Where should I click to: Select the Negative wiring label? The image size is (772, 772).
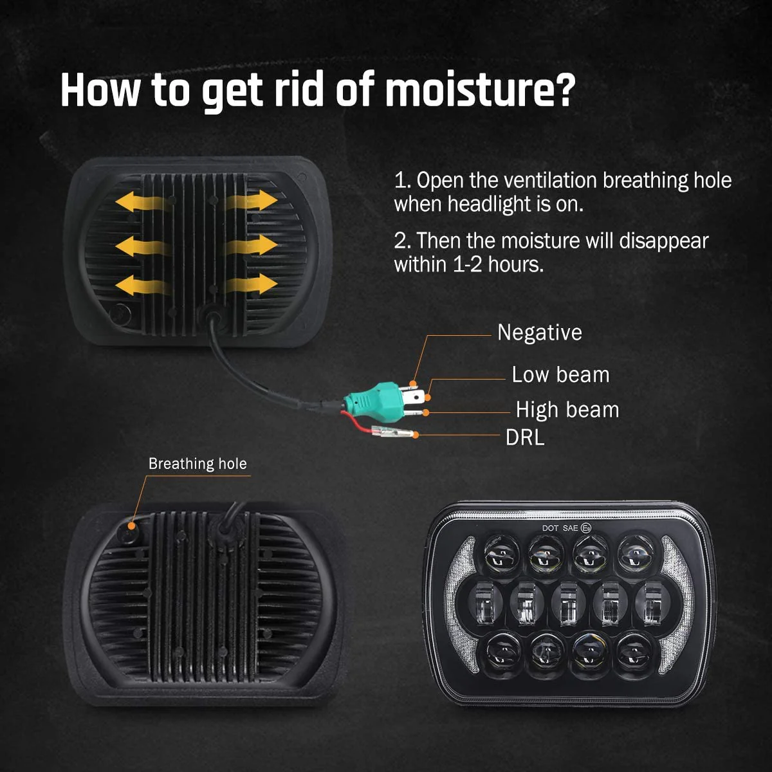[x=539, y=333]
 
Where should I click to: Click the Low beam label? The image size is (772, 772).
[x=560, y=374]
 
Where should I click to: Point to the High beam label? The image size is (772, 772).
[x=567, y=410]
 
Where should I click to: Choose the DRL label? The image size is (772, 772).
[x=525, y=437]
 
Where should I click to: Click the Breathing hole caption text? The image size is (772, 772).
[x=198, y=464]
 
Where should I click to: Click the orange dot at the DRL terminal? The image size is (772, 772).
[x=416, y=435]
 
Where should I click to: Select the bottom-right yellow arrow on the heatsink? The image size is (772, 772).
[x=252, y=284]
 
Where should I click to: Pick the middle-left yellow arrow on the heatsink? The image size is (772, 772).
[x=141, y=245]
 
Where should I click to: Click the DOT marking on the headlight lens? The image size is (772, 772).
[x=550, y=528]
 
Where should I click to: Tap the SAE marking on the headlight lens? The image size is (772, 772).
[x=571, y=528]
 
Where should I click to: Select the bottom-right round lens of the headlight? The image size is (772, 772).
[x=633, y=652]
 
